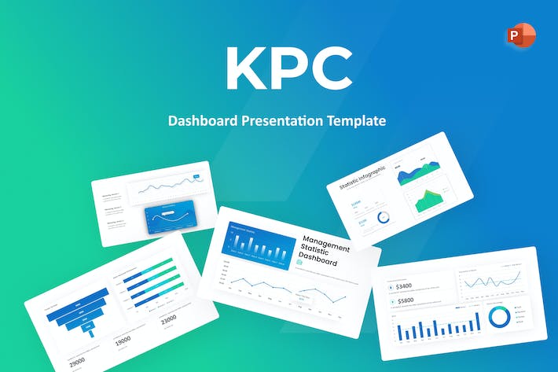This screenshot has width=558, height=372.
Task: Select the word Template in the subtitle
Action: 357,122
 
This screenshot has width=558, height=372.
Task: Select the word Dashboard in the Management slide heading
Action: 321,262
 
